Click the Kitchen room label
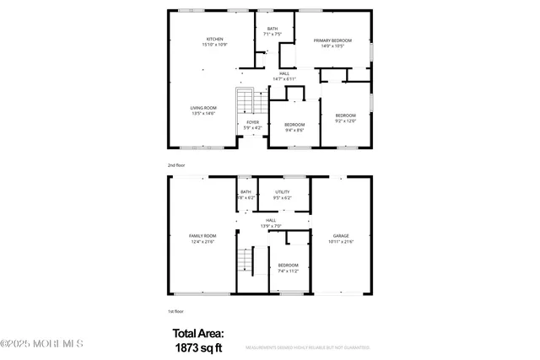[x=214, y=40]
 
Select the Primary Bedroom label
[x=332, y=40]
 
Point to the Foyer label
[x=253, y=122]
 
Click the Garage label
[x=340, y=236]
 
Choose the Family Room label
[x=202, y=236]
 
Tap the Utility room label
[x=282, y=191]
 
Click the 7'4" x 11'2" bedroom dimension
[x=289, y=271]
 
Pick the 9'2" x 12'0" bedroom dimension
[x=345, y=121]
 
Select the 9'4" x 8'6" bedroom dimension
[x=294, y=130]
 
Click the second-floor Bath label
[x=272, y=29]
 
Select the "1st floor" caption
[x=175, y=312]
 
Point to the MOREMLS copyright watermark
[x=42, y=343]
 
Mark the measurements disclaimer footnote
[x=307, y=347]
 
